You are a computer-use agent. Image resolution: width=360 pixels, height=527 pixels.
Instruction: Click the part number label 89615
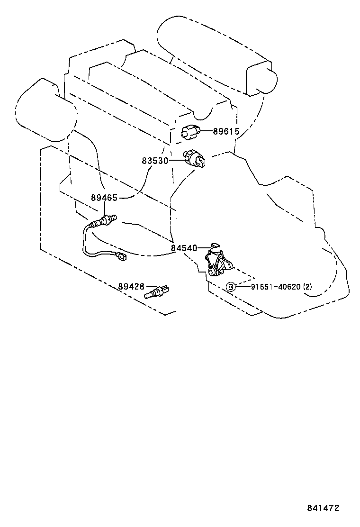click(226, 131)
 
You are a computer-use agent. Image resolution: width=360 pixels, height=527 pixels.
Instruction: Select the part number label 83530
click(155, 161)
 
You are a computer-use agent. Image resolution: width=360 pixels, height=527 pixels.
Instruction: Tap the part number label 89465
click(104, 198)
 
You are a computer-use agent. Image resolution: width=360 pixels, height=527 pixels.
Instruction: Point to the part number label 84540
click(184, 248)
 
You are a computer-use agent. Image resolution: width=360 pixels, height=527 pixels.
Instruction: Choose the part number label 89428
click(131, 287)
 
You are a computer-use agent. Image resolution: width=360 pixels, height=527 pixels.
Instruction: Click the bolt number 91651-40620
click(275, 287)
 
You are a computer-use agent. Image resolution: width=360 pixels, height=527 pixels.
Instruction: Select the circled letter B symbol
click(231, 287)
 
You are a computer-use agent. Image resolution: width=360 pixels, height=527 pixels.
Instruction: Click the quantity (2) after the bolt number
click(307, 287)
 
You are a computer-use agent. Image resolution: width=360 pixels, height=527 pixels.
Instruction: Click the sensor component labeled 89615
click(190, 131)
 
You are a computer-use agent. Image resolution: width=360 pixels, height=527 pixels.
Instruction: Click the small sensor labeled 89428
click(156, 292)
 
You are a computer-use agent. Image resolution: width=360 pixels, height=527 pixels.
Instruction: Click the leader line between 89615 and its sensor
click(206, 131)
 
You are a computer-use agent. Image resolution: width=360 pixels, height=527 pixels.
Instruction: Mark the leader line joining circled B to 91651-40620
click(243, 287)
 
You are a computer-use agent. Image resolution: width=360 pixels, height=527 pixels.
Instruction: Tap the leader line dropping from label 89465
click(104, 209)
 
